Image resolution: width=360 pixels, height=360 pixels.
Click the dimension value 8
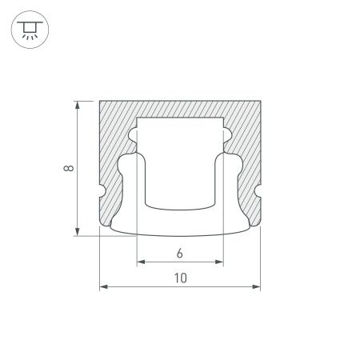click(70, 168)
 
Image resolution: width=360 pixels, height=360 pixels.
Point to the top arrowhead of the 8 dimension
click(78, 104)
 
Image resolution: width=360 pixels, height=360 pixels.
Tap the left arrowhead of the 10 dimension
click(102, 287)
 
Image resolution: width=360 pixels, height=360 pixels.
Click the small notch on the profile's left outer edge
click(102, 193)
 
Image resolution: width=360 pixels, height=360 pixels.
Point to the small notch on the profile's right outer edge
click(258, 193)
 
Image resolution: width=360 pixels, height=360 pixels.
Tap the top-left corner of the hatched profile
click(99, 101)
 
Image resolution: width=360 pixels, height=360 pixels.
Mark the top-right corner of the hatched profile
click(261, 101)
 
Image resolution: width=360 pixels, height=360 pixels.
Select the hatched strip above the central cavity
click(180, 109)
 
